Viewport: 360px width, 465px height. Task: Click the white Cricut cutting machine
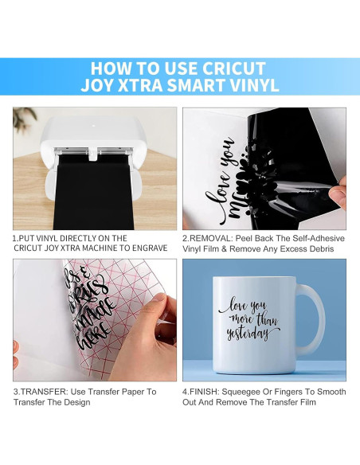click(93, 147)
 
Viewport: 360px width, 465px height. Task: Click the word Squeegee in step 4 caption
click(248, 392)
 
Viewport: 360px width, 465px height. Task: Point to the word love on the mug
click(238, 305)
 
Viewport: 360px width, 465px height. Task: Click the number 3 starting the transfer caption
click(15, 392)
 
